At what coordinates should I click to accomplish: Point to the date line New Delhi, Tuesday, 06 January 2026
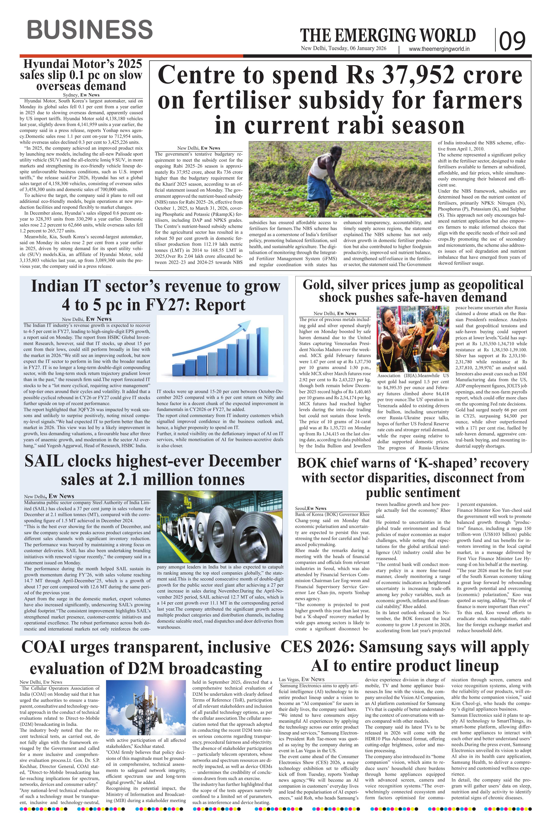pyautogui.click(x=343, y=48)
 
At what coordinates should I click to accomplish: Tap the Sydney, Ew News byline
pyautogui.click(x=81, y=95)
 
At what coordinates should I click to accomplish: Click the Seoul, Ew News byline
pyautogui.click(x=311, y=508)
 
